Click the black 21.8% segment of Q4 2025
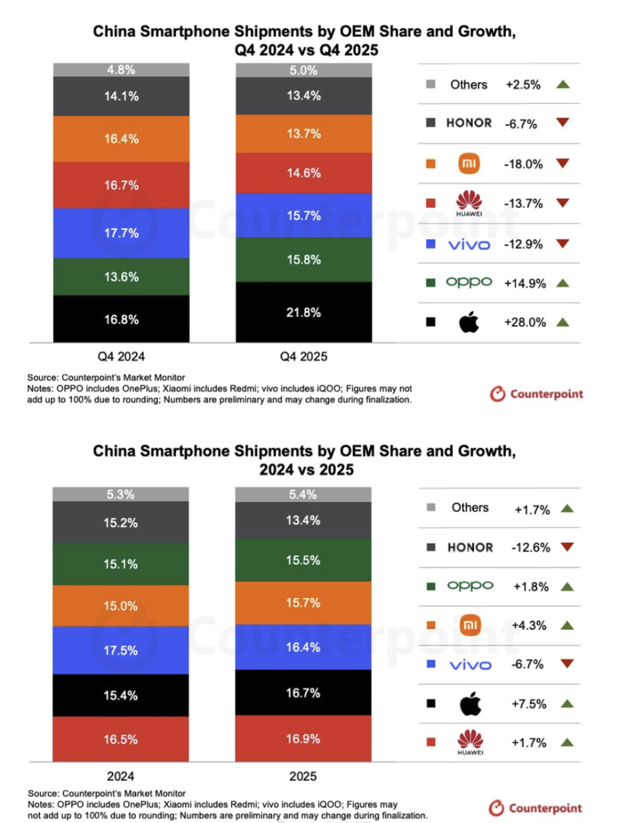(303, 312)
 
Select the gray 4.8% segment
(121, 70)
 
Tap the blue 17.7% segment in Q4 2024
(121, 233)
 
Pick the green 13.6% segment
(121, 277)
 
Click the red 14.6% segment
(303, 173)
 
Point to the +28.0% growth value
(525, 322)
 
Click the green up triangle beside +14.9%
(563, 283)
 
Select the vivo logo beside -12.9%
(469, 244)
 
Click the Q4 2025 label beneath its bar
(303, 356)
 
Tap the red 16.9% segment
(303, 738)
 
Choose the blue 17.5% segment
(121, 650)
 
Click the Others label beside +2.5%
(469, 85)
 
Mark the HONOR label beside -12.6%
(470, 548)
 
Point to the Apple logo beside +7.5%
(470, 704)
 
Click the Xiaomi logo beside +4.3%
(470, 625)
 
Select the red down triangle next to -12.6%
(567, 547)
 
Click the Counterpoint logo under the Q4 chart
(536, 394)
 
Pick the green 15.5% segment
(303, 560)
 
